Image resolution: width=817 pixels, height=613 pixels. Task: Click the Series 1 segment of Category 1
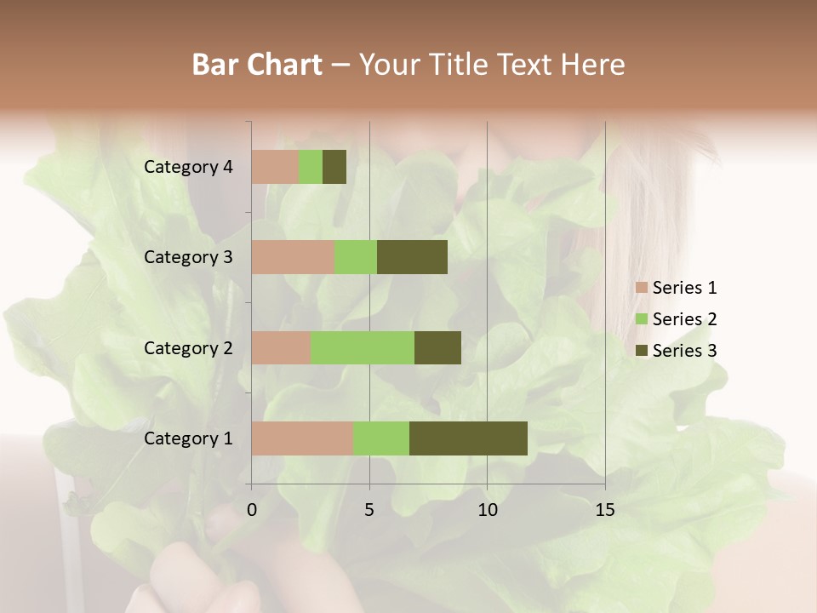click(302, 438)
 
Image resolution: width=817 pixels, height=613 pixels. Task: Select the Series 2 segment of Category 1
click(381, 438)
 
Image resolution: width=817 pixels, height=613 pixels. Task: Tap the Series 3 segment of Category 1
click(468, 438)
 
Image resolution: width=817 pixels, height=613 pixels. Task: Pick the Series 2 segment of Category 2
click(363, 347)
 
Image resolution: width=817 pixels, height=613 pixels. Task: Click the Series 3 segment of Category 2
click(437, 347)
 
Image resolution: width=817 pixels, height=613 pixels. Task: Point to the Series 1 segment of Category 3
click(293, 257)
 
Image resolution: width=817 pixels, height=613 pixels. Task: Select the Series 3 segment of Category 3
click(412, 257)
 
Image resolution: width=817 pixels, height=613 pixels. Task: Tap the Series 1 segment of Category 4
click(275, 167)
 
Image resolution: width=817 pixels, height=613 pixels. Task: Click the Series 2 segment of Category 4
click(311, 167)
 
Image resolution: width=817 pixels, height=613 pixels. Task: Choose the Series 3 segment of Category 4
click(334, 167)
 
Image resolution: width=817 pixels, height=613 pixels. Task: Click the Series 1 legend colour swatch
click(641, 288)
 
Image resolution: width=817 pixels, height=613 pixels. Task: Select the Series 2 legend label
click(684, 319)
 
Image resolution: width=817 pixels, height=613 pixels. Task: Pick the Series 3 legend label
click(684, 350)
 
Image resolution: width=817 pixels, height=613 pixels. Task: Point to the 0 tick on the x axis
click(252, 510)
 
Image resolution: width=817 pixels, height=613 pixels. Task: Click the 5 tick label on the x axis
click(369, 510)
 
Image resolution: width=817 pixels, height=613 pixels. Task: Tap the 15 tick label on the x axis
click(604, 510)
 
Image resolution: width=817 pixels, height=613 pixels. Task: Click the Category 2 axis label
click(188, 347)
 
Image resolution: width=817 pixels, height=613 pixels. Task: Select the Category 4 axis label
click(188, 167)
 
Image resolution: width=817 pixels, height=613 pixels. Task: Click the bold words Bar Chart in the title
click(257, 65)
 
